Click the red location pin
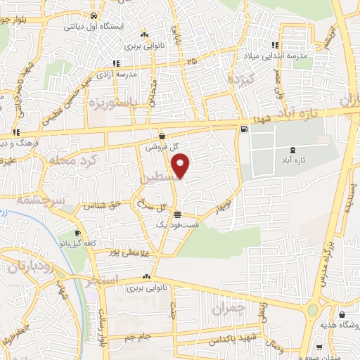coord(181,166)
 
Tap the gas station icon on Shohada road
coord(243,129)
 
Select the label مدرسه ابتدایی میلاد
coord(286,55)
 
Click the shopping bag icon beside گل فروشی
coord(162,136)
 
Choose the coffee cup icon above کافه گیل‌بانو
coord(77,233)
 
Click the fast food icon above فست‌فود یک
coord(176,214)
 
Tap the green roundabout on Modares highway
coord(311,310)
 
